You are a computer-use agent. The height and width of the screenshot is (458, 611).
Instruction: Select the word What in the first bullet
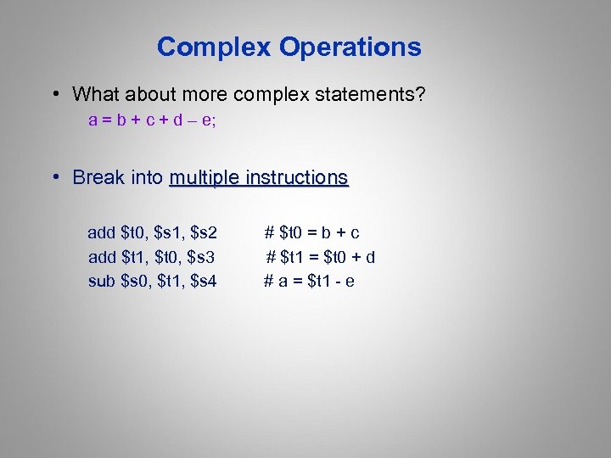coord(94,94)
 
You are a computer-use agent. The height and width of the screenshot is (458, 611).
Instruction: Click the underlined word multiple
coord(205,178)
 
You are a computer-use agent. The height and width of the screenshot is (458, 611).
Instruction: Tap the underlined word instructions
coord(297,178)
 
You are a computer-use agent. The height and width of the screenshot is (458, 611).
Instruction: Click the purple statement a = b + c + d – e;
coord(153,120)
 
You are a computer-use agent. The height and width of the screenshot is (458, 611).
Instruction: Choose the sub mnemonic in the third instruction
coord(103,281)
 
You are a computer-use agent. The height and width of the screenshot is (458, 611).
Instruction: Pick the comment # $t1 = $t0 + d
coord(321,257)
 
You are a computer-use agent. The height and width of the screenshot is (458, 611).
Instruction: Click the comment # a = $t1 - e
coord(309,281)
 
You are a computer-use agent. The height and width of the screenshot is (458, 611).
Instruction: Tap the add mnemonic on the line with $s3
coord(103,257)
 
